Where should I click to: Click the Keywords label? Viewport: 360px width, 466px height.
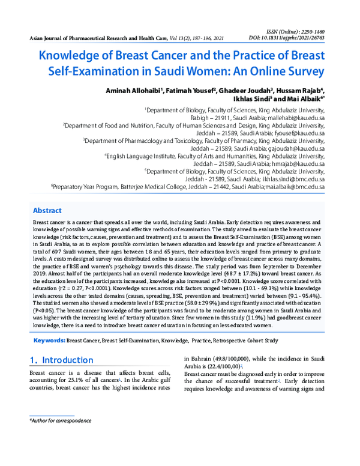49,340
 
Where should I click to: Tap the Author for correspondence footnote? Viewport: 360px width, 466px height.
58,422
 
